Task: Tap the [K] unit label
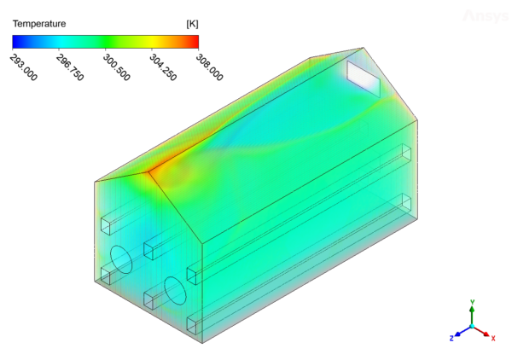coord(191,24)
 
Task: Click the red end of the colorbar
coord(195,40)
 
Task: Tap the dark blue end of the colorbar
coord(15,40)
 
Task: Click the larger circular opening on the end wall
coord(122,258)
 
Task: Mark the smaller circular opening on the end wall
coord(175,289)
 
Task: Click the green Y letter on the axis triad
coord(473,303)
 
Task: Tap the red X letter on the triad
coord(493,337)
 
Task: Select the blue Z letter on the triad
coord(451,338)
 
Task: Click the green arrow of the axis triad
coord(473,315)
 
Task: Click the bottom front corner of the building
coord(201,342)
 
